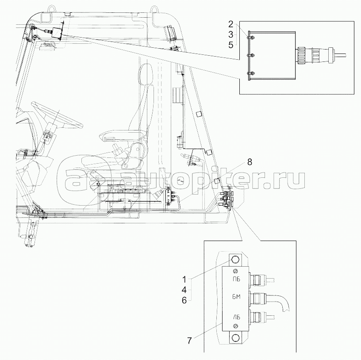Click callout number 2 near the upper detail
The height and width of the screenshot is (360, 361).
(230, 23)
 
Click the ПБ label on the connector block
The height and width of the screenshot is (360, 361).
(238, 279)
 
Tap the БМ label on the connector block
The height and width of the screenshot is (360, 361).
(238, 298)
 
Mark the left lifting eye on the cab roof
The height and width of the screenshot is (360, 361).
(51, 8)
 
